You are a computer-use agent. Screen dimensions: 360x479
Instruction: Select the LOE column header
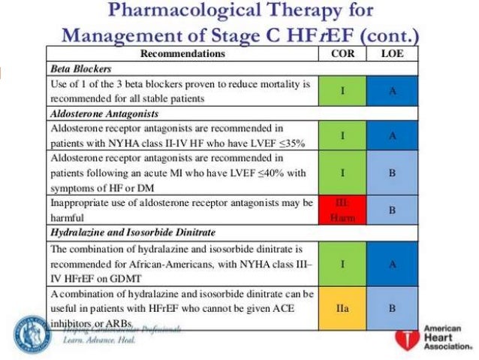pos(393,54)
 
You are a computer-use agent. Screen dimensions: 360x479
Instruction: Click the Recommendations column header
pos(182,54)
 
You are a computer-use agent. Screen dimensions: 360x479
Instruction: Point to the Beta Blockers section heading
pos(77,68)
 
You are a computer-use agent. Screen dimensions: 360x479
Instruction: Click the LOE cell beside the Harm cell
pos(393,211)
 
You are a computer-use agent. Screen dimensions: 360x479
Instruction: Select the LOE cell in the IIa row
pos(393,308)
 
